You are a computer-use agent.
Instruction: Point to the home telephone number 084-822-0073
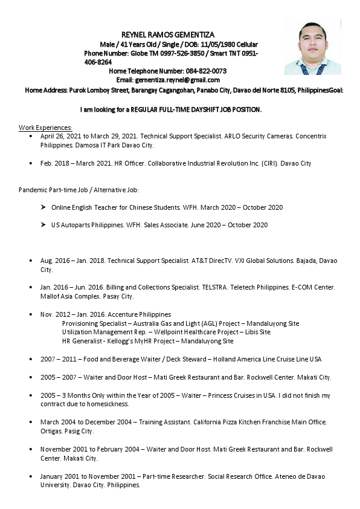(x=206, y=71)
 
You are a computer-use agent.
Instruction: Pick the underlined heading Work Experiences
(x=45, y=128)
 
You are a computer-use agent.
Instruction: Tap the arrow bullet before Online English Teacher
(x=43, y=207)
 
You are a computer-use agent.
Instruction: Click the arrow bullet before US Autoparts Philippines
(x=43, y=225)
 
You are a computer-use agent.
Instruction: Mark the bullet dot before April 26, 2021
(x=31, y=137)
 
